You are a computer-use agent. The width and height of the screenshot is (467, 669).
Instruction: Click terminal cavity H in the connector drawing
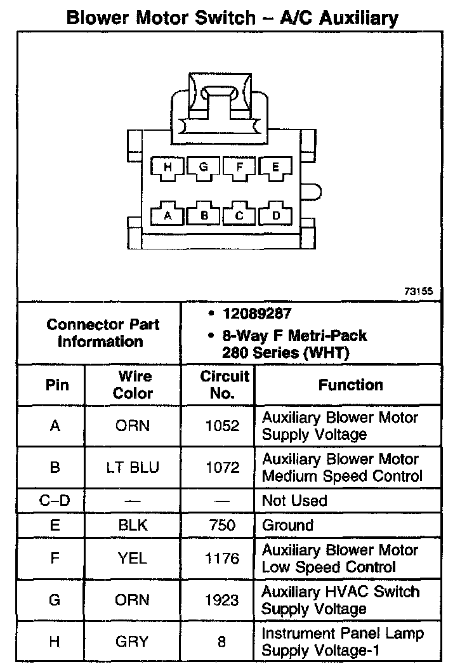click(168, 168)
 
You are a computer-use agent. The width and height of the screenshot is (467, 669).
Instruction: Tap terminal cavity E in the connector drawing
click(275, 168)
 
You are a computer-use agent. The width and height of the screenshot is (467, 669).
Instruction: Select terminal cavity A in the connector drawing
click(168, 215)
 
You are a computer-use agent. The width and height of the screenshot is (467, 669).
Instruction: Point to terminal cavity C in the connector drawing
click(239, 215)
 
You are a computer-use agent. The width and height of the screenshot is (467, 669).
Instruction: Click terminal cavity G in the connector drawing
click(204, 168)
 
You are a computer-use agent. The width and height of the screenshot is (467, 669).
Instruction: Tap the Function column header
click(350, 385)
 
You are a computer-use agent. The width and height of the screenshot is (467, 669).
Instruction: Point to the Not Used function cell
click(294, 501)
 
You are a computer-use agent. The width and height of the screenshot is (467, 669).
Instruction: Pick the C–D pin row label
click(55, 501)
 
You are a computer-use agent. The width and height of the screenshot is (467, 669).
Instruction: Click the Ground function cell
click(287, 526)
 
